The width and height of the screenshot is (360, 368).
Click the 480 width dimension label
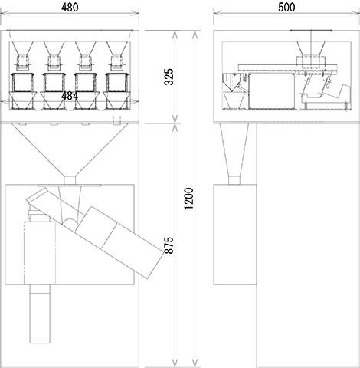pyautogui.click(x=70, y=8)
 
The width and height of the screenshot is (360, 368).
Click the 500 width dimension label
pyautogui.click(x=286, y=8)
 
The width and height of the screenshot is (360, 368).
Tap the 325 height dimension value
pyautogui.click(x=169, y=77)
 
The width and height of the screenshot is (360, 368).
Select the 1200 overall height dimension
pyautogui.click(x=189, y=199)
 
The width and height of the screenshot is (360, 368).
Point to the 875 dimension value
pyautogui.click(x=169, y=245)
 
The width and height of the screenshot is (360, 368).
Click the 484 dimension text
pyautogui.click(x=70, y=96)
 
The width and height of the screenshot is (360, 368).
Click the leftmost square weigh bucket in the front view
pyautogui.click(x=22, y=83)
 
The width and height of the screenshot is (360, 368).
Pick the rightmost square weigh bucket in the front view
pyautogui.click(x=117, y=83)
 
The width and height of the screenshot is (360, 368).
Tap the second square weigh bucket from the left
pyautogui.click(x=54, y=83)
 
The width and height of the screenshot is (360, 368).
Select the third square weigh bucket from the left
pyautogui.click(x=86, y=83)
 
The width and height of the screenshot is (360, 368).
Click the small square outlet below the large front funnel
pyautogui.click(x=70, y=180)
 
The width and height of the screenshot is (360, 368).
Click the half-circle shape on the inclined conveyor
pyautogui.click(x=70, y=222)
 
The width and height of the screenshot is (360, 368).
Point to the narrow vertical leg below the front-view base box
pyautogui.click(x=40, y=314)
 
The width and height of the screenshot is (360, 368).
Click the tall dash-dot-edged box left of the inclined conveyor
pyautogui.click(x=40, y=253)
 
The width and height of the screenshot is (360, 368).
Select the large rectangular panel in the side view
pyautogui.click(x=271, y=91)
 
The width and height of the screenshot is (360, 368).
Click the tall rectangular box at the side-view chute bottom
pyautogui.click(x=235, y=235)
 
